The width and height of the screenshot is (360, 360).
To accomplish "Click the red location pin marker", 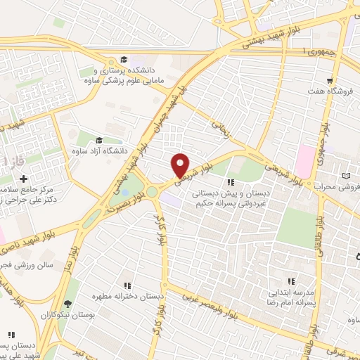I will [x=181, y=165].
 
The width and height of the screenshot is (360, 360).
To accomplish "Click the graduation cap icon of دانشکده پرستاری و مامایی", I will [x=124, y=60].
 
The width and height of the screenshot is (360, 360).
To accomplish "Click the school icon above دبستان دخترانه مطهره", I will [x=127, y=285].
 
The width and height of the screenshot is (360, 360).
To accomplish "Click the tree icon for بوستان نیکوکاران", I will [x=67, y=304].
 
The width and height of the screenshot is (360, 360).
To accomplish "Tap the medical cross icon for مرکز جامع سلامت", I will [x=23, y=179].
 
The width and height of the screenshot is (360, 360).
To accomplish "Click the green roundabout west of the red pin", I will [x=153, y=191].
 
